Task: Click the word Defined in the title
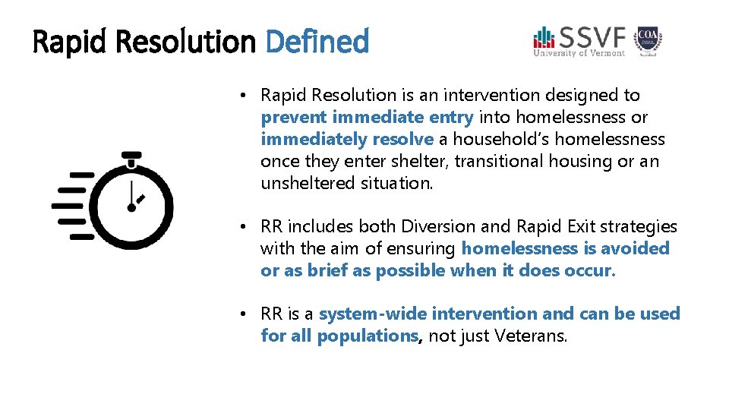click(x=317, y=42)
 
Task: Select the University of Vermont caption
click(x=579, y=52)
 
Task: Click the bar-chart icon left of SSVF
click(x=544, y=37)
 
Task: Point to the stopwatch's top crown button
click(x=131, y=156)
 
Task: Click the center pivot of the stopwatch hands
click(x=132, y=207)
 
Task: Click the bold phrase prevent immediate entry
click(x=367, y=118)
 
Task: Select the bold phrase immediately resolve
click(x=347, y=140)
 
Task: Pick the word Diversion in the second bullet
click(x=428, y=227)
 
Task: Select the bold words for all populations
click(x=339, y=336)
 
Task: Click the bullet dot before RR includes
click(x=240, y=227)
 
